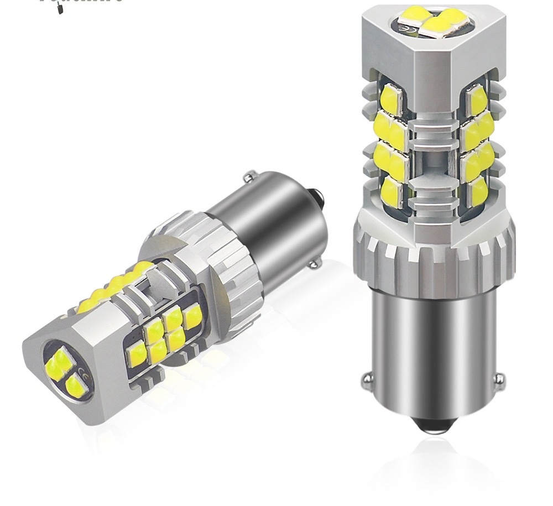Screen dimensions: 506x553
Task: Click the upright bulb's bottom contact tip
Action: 433,426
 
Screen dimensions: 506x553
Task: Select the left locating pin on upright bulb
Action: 367,379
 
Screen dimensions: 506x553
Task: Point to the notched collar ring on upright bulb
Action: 433,254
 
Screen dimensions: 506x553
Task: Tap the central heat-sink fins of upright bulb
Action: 433,155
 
